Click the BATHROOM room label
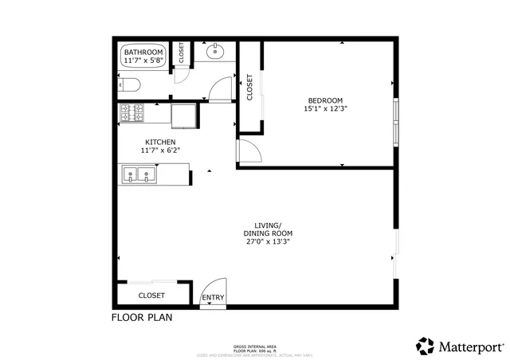[143, 52]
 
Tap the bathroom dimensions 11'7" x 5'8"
[143, 60]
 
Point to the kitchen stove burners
[131, 114]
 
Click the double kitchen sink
[139, 174]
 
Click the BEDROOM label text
[325, 100]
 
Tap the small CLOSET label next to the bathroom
[181, 53]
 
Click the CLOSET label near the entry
[151, 295]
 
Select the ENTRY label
[213, 299]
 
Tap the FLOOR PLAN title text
[141, 317]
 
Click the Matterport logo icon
[425, 346]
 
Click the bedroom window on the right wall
[395, 119]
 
